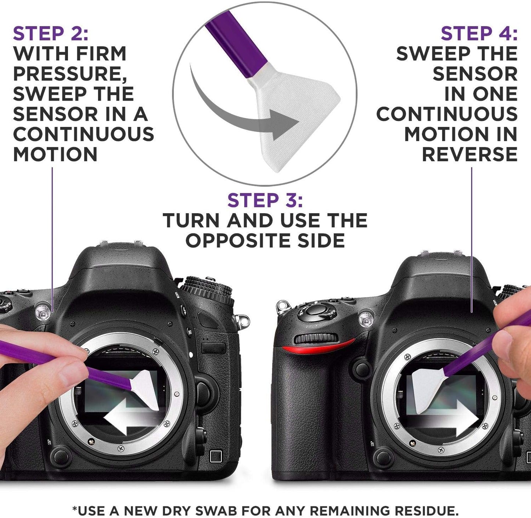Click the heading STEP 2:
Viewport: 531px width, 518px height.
(51, 34)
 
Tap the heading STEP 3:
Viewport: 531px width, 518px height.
(265, 200)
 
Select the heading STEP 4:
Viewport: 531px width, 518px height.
(479, 34)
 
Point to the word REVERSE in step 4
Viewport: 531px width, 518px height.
(470, 154)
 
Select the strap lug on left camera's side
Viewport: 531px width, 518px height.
(242, 320)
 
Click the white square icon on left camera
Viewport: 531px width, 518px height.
(216, 457)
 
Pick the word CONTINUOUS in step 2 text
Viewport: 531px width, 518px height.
(84, 134)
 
